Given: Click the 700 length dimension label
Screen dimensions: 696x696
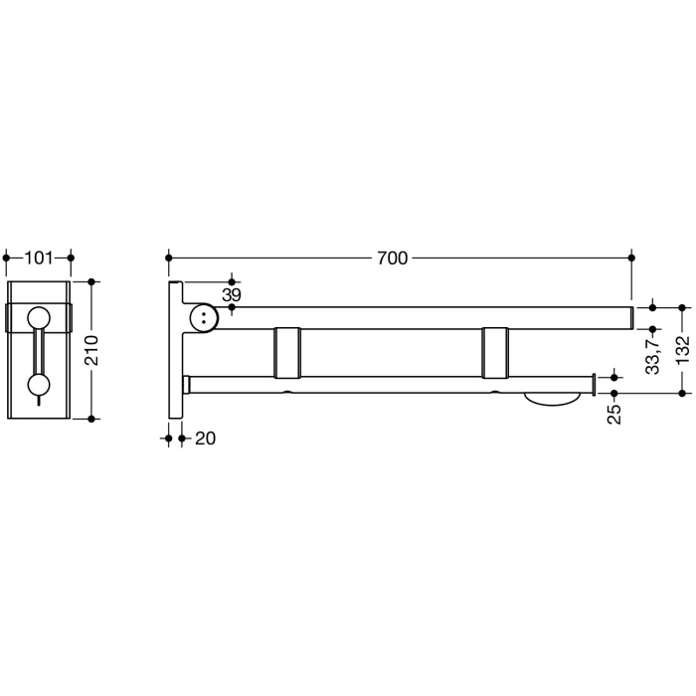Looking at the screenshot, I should pyautogui.click(x=393, y=259).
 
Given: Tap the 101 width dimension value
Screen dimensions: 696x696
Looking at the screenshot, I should pyautogui.click(x=38, y=259).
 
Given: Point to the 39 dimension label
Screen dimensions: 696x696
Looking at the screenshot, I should pyautogui.click(x=231, y=295).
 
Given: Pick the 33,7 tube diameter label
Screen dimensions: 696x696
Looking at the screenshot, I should pyautogui.click(x=652, y=353).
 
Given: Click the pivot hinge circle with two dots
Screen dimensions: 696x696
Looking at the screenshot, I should pyautogui.click(x=204, y=318).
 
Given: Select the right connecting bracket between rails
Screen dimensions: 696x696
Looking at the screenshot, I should pyautogui.click(x=498, y=352).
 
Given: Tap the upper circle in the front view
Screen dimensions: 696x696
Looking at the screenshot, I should pyautogui.click(x=39, y=318).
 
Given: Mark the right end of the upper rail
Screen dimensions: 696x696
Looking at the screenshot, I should pyautogui.click(x=629, y=317).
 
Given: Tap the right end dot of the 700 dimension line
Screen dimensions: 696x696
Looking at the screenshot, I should pyautogui.click(x=631, y=259).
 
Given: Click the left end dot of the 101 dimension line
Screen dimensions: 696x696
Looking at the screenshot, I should pyautogui.click(x=7, y=259).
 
